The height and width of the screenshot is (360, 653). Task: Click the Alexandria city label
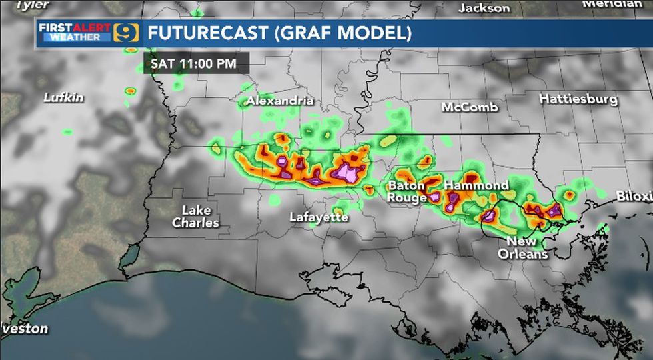(280, 101)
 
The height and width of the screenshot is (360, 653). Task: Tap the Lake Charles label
(195, 217)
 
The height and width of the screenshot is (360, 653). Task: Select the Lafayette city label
(319, 217)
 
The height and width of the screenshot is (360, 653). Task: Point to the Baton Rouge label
(407, 191)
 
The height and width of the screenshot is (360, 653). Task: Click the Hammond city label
(476, 185)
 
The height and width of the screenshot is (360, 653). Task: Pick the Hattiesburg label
(578, 99)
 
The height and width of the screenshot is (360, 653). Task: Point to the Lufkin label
(64, 97)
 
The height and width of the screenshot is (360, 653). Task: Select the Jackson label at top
(484, 8)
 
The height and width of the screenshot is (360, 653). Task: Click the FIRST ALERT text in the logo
(74, 27)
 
